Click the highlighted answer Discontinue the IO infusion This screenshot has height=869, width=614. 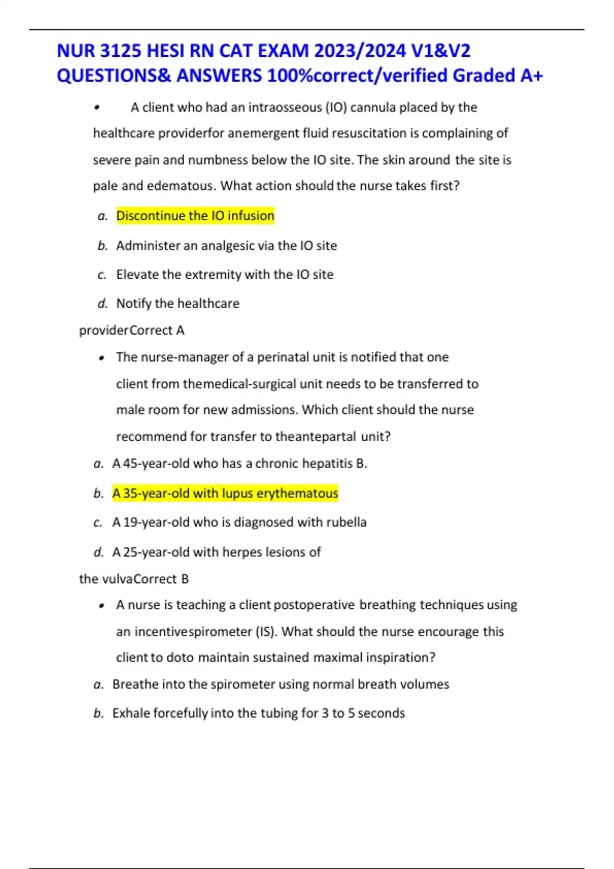click(195, 216)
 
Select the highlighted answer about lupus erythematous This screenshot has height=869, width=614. click(225, 493)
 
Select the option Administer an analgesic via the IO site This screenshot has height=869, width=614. click(226, 246)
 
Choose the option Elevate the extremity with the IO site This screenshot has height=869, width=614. click(225, 275)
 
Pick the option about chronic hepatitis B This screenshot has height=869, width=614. click(239, 464)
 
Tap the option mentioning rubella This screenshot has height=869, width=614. click(239, 522)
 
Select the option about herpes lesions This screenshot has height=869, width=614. click(216, 552)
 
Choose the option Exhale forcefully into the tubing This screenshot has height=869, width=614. click(258, 713)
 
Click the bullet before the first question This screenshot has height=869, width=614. click(96, 108)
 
